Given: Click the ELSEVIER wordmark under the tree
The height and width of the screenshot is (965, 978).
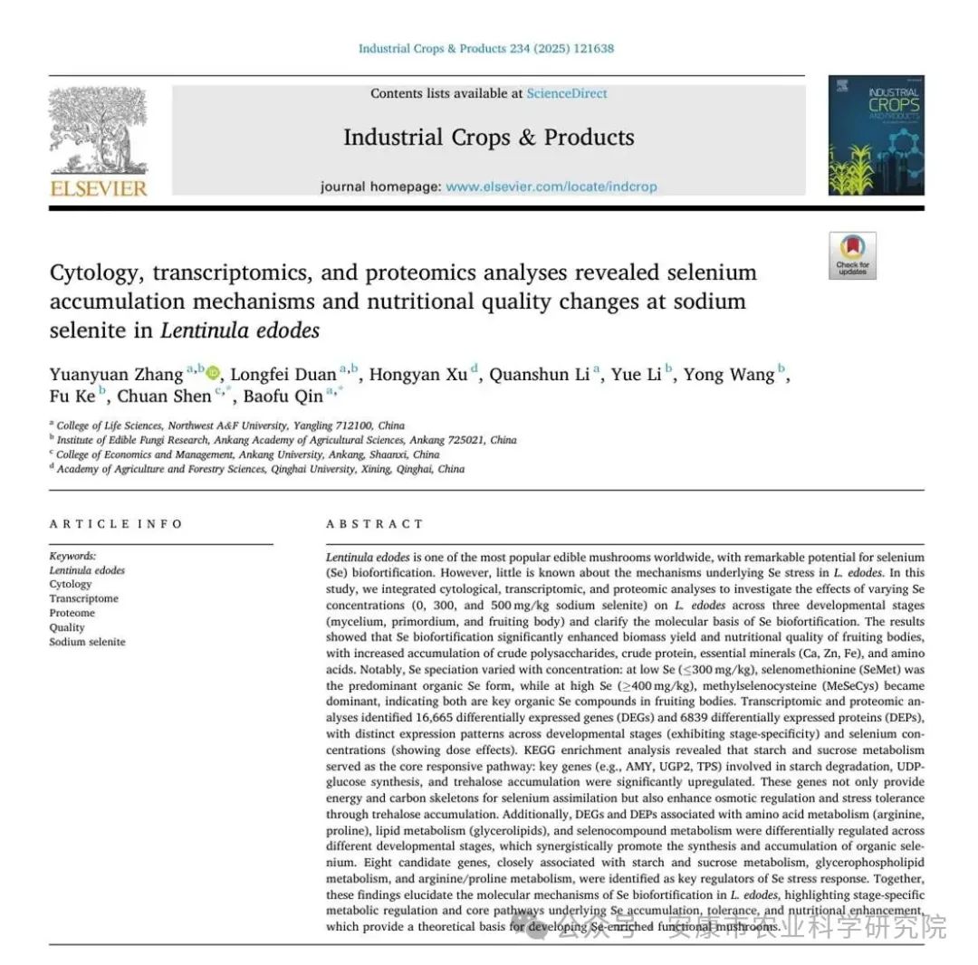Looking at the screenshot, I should click(x=99, y=187).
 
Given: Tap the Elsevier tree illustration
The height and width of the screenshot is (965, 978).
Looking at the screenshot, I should click(x=98, y=130).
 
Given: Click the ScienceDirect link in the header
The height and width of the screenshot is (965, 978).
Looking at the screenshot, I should click(x=567, y=93).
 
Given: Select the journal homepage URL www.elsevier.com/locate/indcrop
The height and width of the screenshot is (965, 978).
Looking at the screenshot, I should click(x=551, y=186).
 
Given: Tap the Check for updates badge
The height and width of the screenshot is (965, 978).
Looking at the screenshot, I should click(x=852, y=255).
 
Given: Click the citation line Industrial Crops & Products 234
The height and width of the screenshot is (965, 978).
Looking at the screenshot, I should click(x=485, y=48).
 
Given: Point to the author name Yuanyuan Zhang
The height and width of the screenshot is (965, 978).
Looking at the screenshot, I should click(x=116, y=375).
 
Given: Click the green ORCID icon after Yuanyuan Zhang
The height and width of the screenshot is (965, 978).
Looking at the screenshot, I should click(x=213, y=373).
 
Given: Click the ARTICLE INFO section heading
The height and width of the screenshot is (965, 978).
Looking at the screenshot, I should click(x=116, y=524).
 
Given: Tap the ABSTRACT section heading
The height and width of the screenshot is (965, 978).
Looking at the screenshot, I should click(x=375, y=524).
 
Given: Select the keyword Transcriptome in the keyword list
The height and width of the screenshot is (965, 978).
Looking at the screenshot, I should click(x=83, y=598).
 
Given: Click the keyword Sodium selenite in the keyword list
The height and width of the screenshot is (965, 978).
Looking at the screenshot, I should click(x=87, y=642).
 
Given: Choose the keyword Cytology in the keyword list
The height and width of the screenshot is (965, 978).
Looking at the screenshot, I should click(x=71, y=584).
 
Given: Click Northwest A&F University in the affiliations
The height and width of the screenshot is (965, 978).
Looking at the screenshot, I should click(x=237, y=425).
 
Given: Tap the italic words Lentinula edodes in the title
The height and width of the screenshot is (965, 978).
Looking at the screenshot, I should click(x=240, y=330).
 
